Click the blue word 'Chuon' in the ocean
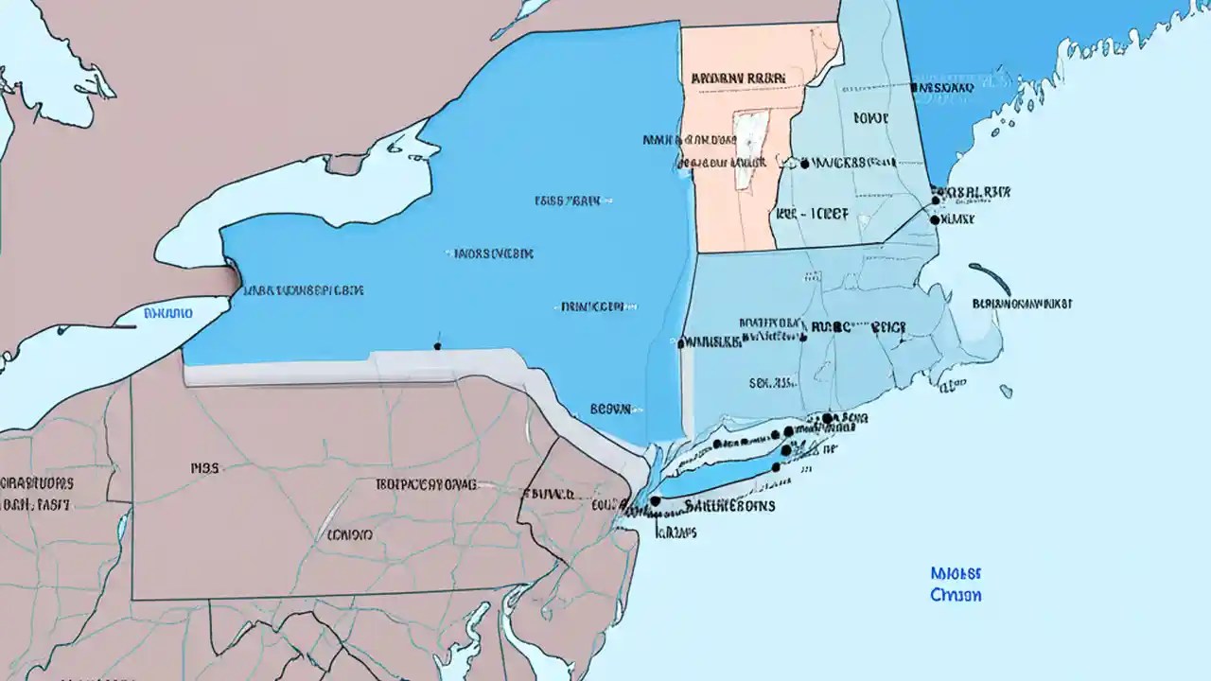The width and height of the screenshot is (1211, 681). pyautogui.click(x=956, y=596)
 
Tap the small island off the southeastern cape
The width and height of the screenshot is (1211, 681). pyautogui.click(x=1006, y=391)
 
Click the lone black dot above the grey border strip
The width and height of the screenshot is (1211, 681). pyautogui.click(x=437, y=346)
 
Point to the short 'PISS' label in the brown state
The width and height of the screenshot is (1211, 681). pyautogui.click(x=204, y=467)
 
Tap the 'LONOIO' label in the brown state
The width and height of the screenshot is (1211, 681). pyautogui.click(x=350, y=534)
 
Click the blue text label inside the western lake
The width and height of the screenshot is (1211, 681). pyautogui.click(x=168, y=313)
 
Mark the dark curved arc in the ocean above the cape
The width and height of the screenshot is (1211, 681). pyautogui.click(x=990, y=278)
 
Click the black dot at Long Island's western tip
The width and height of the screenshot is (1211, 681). pyautogui.click(x=655, y=501)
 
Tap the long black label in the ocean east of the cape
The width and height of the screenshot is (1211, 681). pyautogui.click(x=1022, y=305)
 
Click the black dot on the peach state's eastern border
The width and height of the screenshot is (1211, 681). pyautogui.click(x=804, y=164)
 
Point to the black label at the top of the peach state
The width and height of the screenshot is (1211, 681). pyautogui.click(x=738, y=79)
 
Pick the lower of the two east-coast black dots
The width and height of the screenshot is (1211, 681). pyautogui.click(x=935, y=219)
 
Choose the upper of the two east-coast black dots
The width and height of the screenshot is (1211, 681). pyautogui.click(x=936, y=200)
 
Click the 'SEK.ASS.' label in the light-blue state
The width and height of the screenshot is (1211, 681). pyautogui.click(x=771, y=384)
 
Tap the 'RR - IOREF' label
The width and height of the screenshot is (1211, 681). pyautogui.click(x=811, y=215)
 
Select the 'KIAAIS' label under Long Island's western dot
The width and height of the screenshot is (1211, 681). pyautogui.click(x=677, y=533)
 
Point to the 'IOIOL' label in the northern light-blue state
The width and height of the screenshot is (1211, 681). pyautogui.click(x=870, y=119)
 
